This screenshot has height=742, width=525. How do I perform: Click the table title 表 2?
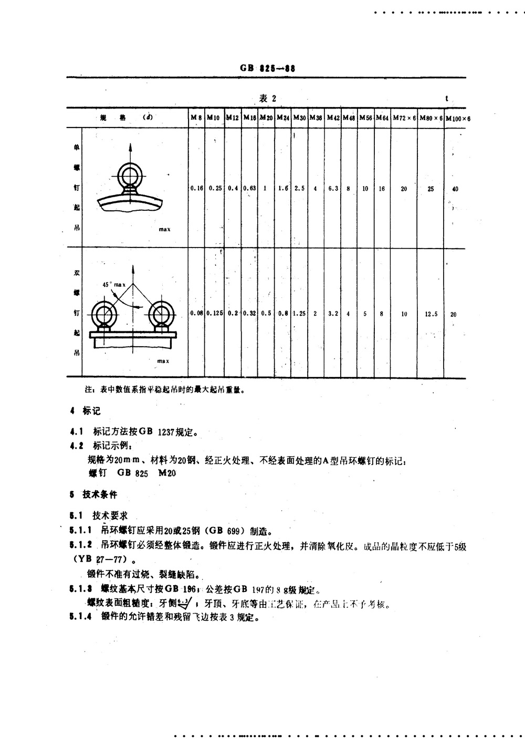coord(268,99)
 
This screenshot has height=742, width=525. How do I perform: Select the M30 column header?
coord(299,118)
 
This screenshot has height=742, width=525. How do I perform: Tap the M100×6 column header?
coord(458,119)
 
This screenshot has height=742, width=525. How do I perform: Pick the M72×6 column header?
coord(404,118)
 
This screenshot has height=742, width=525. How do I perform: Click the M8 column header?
coord(196,118)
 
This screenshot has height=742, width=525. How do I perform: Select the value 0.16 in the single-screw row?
coord(196,188)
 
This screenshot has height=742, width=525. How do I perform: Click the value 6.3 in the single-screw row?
coord(333,188)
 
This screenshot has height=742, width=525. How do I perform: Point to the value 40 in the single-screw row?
coord(455,189)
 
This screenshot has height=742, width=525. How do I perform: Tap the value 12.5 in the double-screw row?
coord(430,314)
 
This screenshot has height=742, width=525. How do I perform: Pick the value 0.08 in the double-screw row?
coord(196,314)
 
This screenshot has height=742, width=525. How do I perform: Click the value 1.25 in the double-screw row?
coord(299,314)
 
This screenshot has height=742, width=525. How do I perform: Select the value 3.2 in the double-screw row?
coord(333,314)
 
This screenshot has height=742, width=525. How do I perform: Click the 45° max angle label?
coord(114,284)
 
